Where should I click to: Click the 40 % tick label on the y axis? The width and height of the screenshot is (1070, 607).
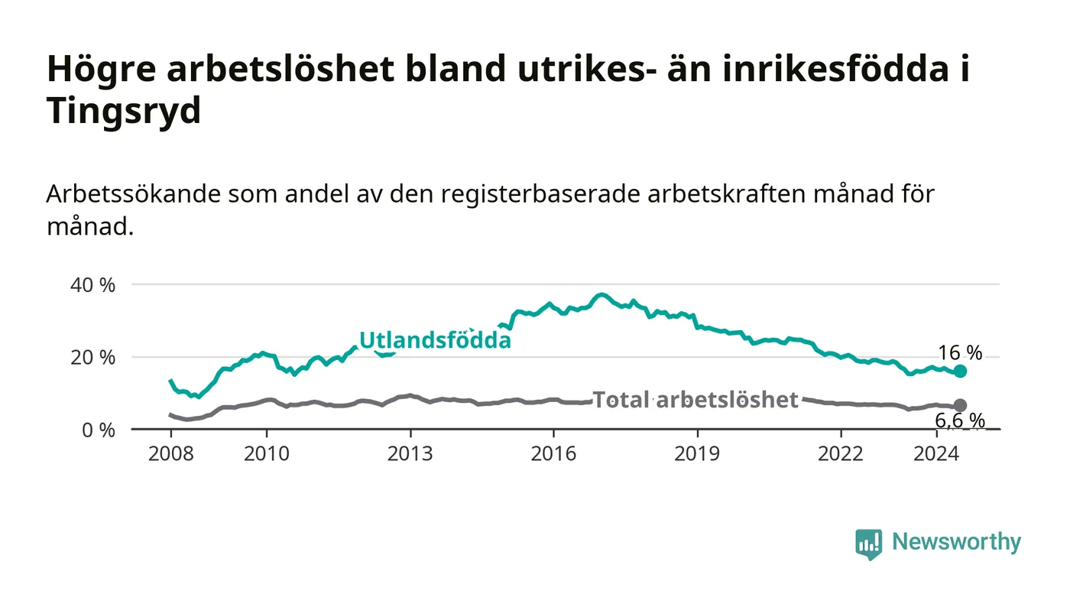(x=92, y=285)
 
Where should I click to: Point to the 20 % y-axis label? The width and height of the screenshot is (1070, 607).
(x=92, y=358)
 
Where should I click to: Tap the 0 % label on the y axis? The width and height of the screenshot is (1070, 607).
(x=99, y=430)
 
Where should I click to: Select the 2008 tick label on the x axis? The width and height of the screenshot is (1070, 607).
(x=171, y=453)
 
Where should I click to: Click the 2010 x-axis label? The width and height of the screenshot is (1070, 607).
(x=267, y=453)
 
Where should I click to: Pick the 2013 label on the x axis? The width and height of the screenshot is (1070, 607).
(x=410, y=453)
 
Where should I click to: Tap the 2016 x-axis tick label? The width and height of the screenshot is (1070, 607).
(x=553, y=453)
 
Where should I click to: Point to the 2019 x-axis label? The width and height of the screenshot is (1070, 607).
(x=697, y=453)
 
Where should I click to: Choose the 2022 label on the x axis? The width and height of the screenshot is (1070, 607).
(x=841, y=453)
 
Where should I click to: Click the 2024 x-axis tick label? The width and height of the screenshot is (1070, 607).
(x=936, y=453)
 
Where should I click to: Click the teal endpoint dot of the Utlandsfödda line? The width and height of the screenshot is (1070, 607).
(x=960, y=372)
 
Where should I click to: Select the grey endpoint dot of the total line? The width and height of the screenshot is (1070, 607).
(x=960, y=405)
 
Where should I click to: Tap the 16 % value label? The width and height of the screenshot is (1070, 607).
(x=960, y=353)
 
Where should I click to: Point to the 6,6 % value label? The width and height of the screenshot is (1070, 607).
(x=960, y=420)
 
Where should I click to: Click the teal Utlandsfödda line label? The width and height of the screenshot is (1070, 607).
(x=435, y=340)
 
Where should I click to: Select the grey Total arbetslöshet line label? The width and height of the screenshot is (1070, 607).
(x=695, y=400)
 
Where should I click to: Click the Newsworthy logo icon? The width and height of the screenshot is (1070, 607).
(x=868, y=544)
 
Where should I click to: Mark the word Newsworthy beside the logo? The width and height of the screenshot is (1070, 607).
(x=956, y=542)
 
